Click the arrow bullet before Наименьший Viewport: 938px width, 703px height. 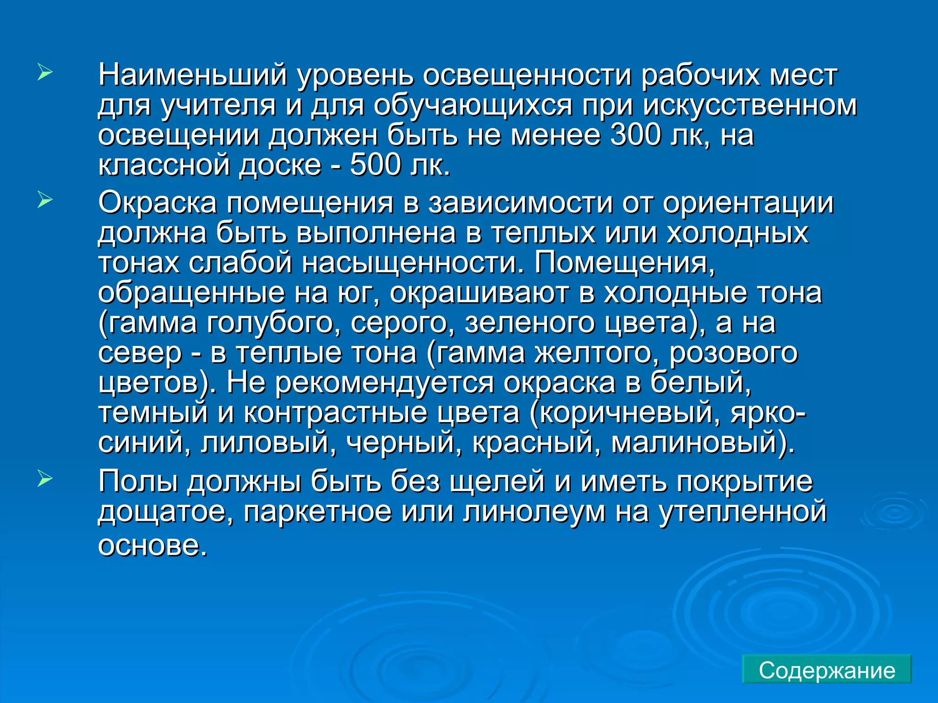pyautogui.click(x=45, y=73)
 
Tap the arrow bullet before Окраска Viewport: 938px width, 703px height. pyautogui.click(x=45, y=200)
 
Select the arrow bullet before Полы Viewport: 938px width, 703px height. pyautogui.click(x=45, y=479)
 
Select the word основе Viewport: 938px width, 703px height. pyautogui.click(x=153, y=545)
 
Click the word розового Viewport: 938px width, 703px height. pyautogui.click(x=733, y=353)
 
